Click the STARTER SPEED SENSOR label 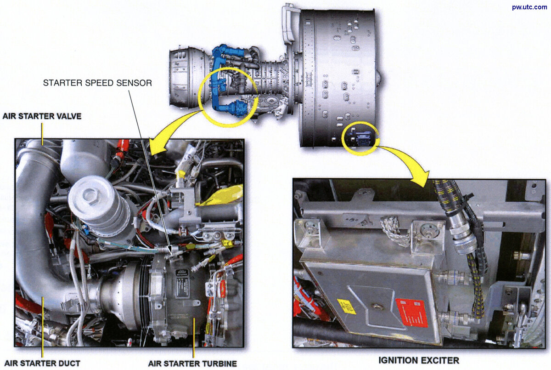point(97,83)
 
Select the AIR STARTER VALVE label point(42,116)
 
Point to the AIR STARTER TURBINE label point(192,364)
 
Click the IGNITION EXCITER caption point(418,360)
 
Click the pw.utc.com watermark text point(529,7)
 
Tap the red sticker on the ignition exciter point(411,313)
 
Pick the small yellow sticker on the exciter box point(346,306)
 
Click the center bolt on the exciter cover point(376,306)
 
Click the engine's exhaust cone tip point(379,75)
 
